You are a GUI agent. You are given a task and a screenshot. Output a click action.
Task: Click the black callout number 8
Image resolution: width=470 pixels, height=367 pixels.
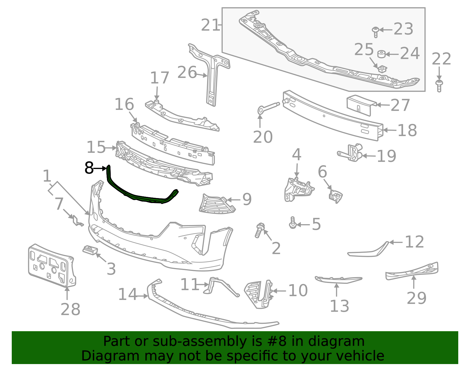tap(89, 168)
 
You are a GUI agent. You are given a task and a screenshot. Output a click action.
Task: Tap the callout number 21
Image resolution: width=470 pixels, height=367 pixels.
tap(210, 25)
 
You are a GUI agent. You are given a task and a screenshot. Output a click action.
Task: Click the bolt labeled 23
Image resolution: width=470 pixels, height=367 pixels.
tap(376, 32)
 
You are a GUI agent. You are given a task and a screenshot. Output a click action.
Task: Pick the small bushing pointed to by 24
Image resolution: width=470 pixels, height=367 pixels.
tap(382, 54)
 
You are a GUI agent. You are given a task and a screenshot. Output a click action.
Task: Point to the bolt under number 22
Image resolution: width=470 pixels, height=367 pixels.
tap(439, 86)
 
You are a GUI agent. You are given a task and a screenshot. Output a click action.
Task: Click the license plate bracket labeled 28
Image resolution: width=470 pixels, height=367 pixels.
tap(52, 266)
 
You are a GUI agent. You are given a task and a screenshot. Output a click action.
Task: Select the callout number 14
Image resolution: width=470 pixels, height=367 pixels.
tap(128, 294)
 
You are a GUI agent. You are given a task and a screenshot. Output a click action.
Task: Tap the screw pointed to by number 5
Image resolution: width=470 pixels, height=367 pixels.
tap(293, 223)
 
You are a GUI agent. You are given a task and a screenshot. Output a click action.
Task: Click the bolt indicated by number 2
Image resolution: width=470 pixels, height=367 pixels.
tap(260, 230)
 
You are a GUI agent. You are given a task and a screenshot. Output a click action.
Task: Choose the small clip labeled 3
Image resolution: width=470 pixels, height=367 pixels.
tap(90, 250)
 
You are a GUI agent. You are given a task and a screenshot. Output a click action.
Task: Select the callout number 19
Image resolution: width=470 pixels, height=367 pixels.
tap(387, 156)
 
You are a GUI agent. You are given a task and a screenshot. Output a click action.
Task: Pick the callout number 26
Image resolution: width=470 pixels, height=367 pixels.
tap(187, 72)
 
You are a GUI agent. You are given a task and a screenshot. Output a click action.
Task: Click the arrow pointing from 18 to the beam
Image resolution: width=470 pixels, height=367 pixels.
tap(390, 130)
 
